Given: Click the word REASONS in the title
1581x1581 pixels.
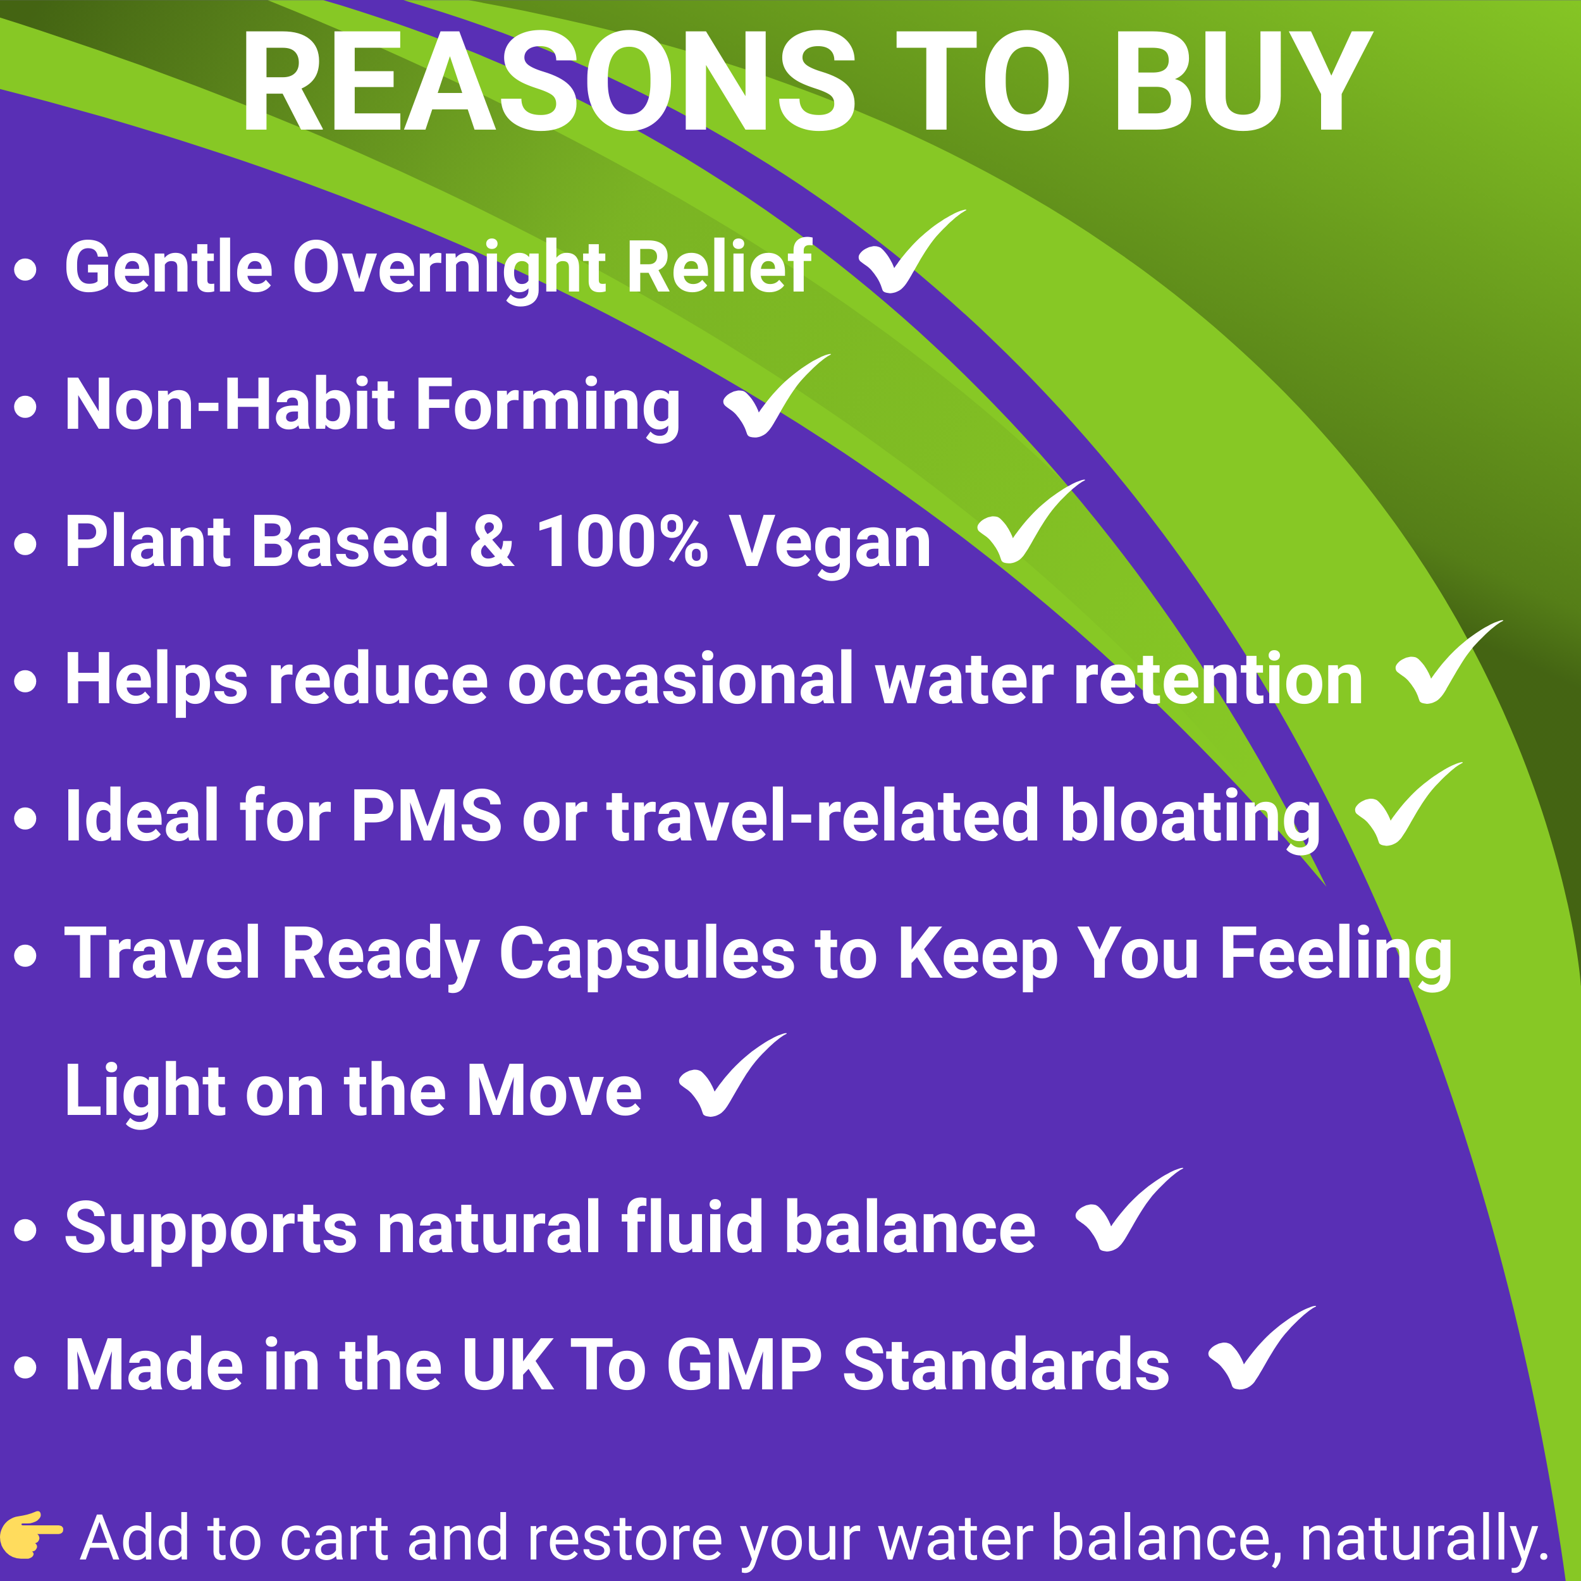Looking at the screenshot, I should click(x=548, y=82).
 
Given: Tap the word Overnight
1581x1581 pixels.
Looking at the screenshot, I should click(x=448, y=268).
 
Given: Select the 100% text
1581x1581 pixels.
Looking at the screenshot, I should click(x=622, y=542).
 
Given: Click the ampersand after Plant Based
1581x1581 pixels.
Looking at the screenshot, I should click(x=492, y=542).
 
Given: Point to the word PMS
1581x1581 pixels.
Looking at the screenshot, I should click(x=426, y=816).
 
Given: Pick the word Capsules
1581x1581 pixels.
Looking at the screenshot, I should click(x=646, y=954).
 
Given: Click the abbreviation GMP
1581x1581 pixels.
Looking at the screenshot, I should click(x=744, y=1365).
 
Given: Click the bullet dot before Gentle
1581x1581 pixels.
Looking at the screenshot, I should click(x=26, y=270).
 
